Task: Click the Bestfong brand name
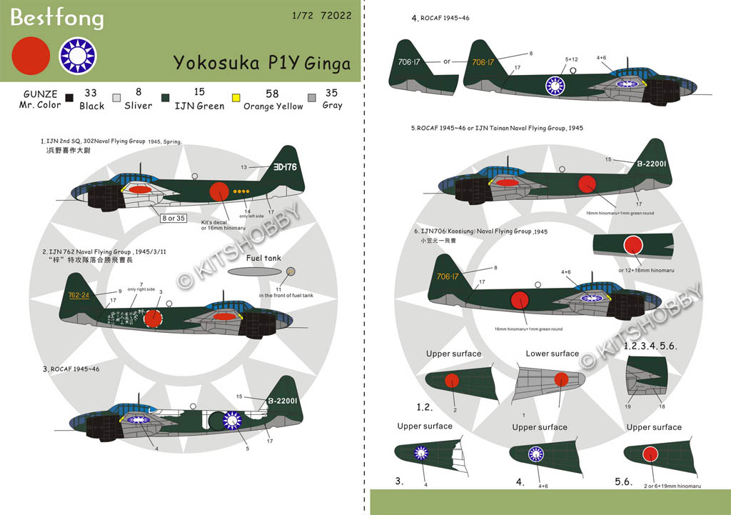[x=57, y=17]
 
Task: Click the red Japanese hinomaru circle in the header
[x=31, y=55]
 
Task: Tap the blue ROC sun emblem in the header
[x=77, y=55]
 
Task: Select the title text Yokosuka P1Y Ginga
[x=262, y=63]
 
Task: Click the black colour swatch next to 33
[x=69, y=99]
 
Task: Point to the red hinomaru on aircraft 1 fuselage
[x=221, y=191]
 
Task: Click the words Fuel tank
[x=263, y=258]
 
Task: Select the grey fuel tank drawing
[x=254, y=273]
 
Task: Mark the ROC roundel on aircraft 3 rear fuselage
[x=233, y=421]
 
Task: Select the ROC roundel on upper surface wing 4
[x=535, y=454]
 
